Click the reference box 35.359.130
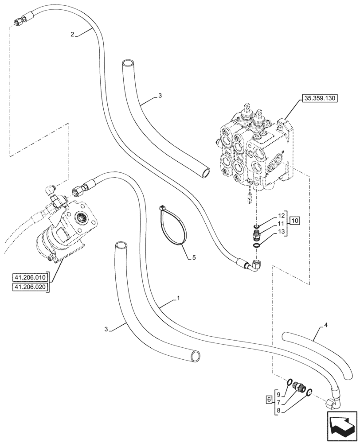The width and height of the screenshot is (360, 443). [320, 99]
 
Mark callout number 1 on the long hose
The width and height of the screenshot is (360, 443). [178, 299]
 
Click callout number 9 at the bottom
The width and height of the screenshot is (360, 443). [278, 394]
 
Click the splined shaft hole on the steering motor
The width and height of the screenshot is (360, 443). [85, 218]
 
